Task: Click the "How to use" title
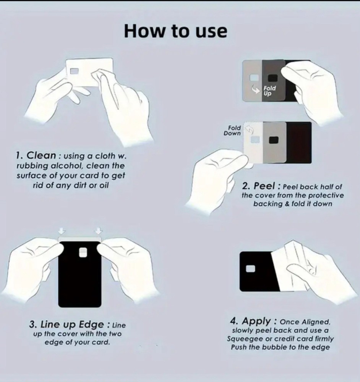(175, 31)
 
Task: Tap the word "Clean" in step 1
(41, 155)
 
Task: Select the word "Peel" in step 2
(264, 186)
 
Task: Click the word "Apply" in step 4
(256, 321)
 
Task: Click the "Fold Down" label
(232, 131)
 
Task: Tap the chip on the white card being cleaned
(75, 71)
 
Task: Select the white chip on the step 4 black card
(251, 269)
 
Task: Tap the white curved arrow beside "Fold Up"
(256, 89)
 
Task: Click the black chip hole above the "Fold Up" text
(271, 78)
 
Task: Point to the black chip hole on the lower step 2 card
(274, 140)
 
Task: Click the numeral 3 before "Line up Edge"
(32, 325)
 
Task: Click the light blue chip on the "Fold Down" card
(255, 139)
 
